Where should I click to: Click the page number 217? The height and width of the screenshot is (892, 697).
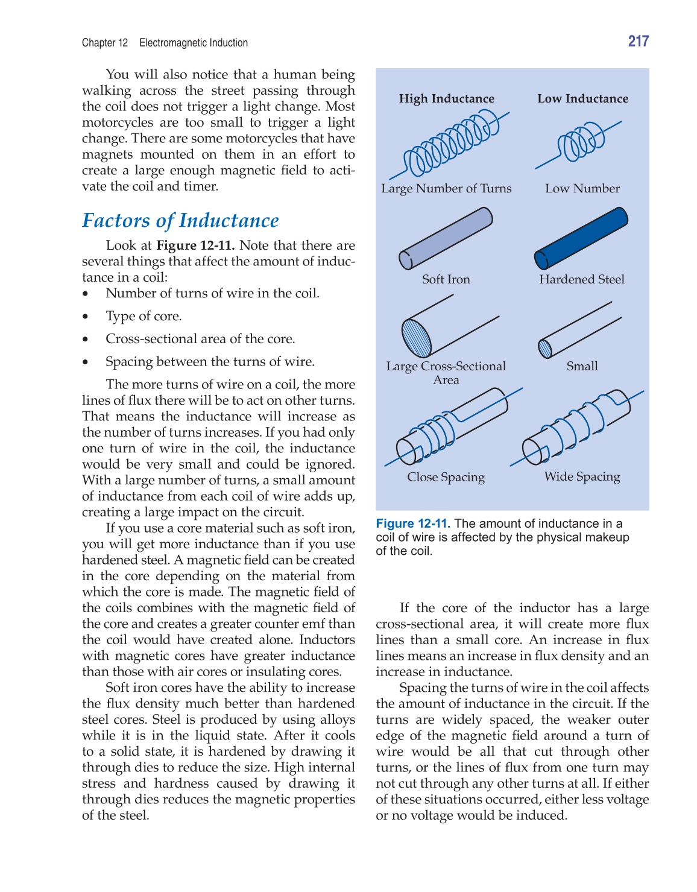click(x=638, y=41)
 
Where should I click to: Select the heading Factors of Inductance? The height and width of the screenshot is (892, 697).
click(x=180, y=221)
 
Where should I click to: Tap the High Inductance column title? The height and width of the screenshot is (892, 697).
click(x=446, y=98)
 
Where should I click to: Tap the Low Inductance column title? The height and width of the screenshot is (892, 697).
click(x=582, y=98)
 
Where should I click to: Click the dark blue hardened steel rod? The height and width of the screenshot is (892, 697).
click(x=581, y=238)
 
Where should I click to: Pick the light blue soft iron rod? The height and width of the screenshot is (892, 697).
click(x=446, y=238)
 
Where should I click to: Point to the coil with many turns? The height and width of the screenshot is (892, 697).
click(x=449, y=145)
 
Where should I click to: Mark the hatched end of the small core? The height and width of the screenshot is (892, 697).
click(x=545, y=349)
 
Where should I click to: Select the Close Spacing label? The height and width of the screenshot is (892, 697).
click(x=446, y=477)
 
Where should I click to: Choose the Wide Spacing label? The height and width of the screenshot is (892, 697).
click(x=582, y=476)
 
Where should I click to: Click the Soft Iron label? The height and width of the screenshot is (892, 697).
click(x=446, y=279)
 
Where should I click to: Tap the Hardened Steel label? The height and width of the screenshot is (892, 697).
click(x=582, y=279)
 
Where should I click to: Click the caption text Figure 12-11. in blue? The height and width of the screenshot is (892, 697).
click(x=413, y=523)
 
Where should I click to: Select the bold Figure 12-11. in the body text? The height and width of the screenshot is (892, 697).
click(x=195, y=245)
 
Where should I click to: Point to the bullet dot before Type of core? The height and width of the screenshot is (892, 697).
click(x=86, y=317)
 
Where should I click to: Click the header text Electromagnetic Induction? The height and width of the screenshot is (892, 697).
click(x=194, y=43)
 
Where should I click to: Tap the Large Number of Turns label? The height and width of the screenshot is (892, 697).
click(x=446, y=188)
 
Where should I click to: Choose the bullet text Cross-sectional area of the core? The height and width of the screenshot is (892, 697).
click(x=200, y=339)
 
